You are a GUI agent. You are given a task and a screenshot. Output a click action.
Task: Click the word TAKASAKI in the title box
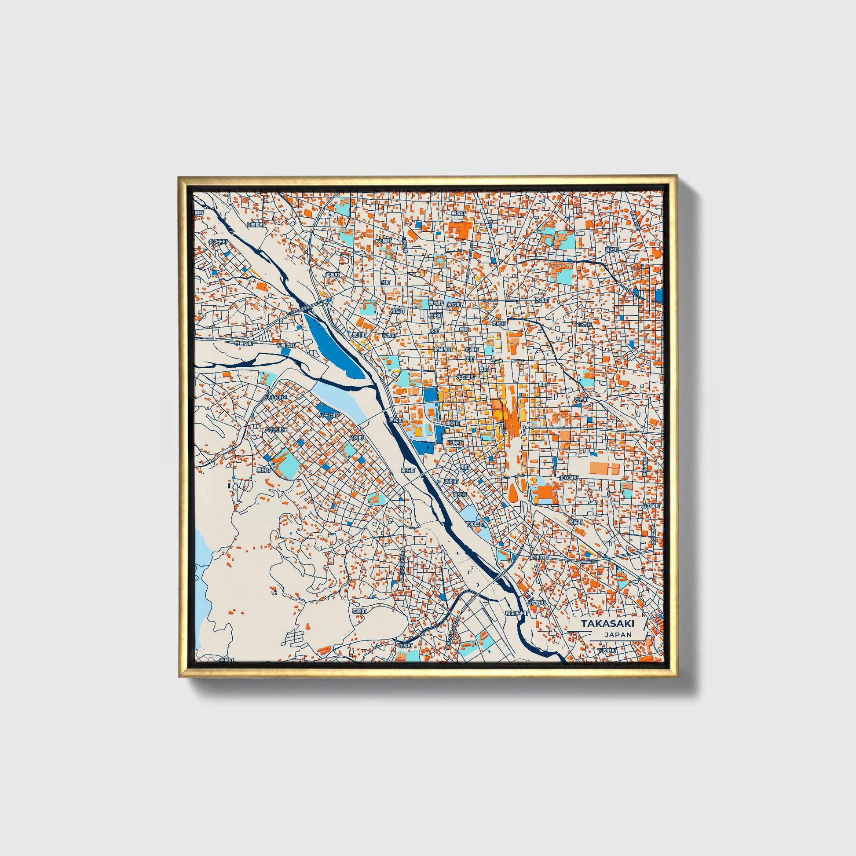tap(607, 623)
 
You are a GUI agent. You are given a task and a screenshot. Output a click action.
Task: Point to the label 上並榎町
tap(255, 225)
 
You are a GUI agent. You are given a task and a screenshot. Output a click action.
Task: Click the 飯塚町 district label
tap(457, 213)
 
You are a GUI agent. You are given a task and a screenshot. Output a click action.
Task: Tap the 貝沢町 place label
tap(611, 250)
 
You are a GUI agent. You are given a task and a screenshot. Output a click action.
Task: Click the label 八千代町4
tap(276, 398)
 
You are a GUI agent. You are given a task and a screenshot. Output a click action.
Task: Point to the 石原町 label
tap(359, 611)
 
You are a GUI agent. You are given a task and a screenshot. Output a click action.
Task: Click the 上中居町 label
tap(651, 505)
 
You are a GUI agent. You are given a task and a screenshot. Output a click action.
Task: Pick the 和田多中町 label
tap(517, 614)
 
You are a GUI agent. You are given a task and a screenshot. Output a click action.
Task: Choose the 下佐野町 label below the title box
tap(607, 651)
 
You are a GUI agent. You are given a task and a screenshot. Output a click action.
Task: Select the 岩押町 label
tap(581, 399)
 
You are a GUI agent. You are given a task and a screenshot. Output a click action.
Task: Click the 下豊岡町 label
tap(285, 345)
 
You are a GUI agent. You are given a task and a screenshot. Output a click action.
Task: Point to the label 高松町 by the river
tap(395, 420)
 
